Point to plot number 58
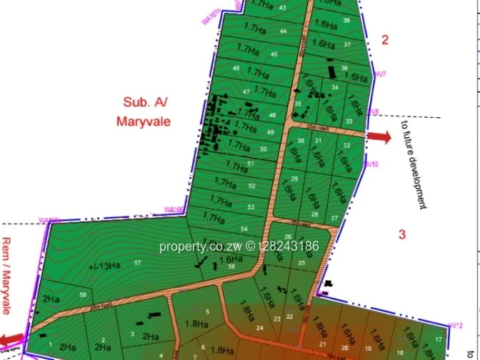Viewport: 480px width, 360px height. coord(84,295)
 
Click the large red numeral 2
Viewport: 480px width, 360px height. coord(384,40)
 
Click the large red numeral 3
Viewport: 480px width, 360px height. coord(402,234)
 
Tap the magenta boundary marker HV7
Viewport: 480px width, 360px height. coord(380,74)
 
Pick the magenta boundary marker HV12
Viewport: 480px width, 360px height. coord(458,325)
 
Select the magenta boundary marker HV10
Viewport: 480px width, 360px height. coord(371,164)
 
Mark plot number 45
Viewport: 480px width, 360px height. coord(274,54)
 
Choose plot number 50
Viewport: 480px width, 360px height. coord(264,149)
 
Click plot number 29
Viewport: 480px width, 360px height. coord(294,179)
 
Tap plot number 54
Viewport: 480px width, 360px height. coord(244,229)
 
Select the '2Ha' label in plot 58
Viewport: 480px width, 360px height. coord(50,299)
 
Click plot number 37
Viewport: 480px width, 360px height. coord(347,44)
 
